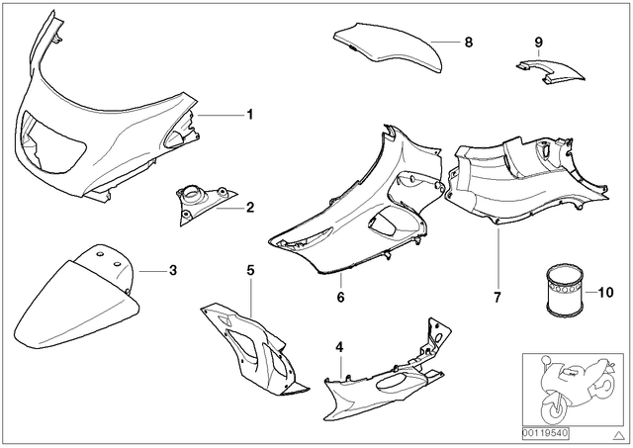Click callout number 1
[x=250, y=115]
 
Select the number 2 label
[x=250, y=208]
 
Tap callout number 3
[x=173, y=270]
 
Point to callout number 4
[x=340, y=347]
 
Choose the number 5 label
[x=250, y=270]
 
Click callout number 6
[x=340, y=297]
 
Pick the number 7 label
[x=497, y=297]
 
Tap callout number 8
[x=468, y=42]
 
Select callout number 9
[x=539, y=42]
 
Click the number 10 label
[x=605, y=292]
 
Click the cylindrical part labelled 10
[x=565, y=290]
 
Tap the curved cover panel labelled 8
[x=389, y=47]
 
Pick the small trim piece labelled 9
[x=551, y=72]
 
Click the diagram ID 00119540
[x=545, y=433]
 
